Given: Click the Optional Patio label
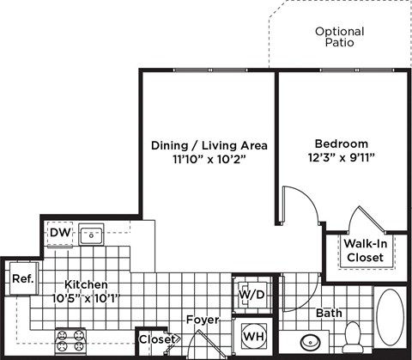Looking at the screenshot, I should click(339, 36).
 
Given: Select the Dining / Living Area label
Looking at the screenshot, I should click(209, 145).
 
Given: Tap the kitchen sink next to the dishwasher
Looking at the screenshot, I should click(90, 233).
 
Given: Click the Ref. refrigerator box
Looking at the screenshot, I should click(21, 278).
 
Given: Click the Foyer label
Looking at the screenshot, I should click(203, 320).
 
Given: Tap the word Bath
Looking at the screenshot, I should click(329, 313).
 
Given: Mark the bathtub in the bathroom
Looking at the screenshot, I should click(391, 321).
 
